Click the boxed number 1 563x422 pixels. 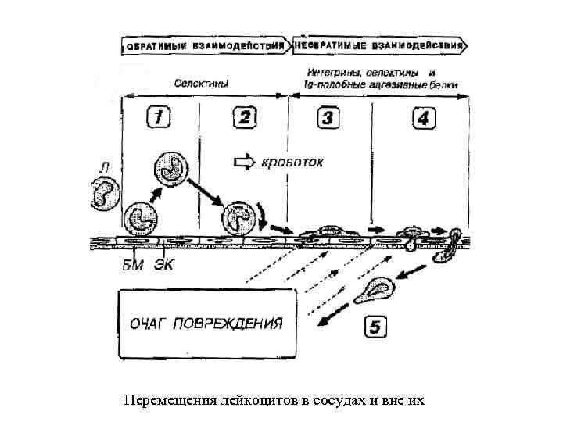(159, 118)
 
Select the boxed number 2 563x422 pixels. (244, 118)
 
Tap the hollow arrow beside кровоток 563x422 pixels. (246, 163)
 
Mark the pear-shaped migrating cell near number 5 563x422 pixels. (378, 290)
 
